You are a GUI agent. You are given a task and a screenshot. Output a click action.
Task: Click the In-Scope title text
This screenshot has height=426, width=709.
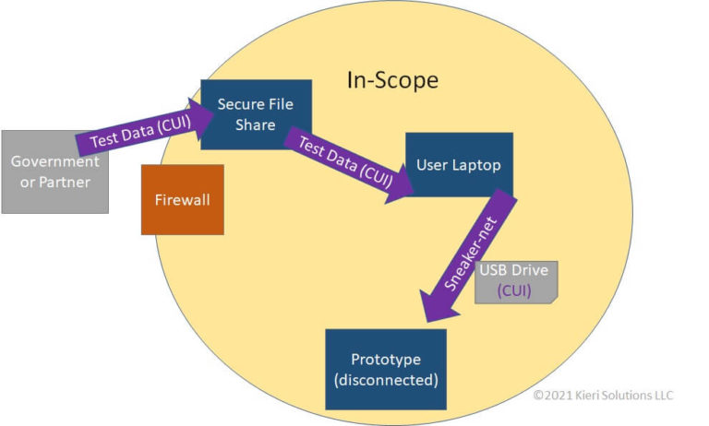coord(392,80)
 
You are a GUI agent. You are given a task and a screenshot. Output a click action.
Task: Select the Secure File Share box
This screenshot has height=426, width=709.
coord(256,114)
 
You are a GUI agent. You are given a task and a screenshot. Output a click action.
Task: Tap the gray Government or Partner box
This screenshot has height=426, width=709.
coord(54,172)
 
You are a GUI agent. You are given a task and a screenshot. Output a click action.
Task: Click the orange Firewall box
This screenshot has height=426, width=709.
coord(183,199)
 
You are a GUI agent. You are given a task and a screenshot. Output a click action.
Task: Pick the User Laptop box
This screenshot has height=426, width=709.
coord(459,165)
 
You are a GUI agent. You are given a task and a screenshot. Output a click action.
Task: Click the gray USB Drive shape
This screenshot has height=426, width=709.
coord(517,282)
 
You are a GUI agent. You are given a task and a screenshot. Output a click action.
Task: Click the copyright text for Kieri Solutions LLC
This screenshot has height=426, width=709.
coord(602,396)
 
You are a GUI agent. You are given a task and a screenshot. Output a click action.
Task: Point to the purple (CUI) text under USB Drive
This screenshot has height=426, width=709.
coord(516,290)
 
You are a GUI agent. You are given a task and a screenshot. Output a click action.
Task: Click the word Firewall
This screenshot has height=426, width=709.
coord(183,199)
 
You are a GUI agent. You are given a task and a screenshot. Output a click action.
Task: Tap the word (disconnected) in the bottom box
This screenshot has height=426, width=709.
coord(386,379)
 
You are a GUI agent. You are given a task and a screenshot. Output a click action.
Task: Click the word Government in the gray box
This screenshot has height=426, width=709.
coord(54,161)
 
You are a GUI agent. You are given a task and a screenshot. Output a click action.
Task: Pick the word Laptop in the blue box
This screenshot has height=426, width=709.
coord(481,165)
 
